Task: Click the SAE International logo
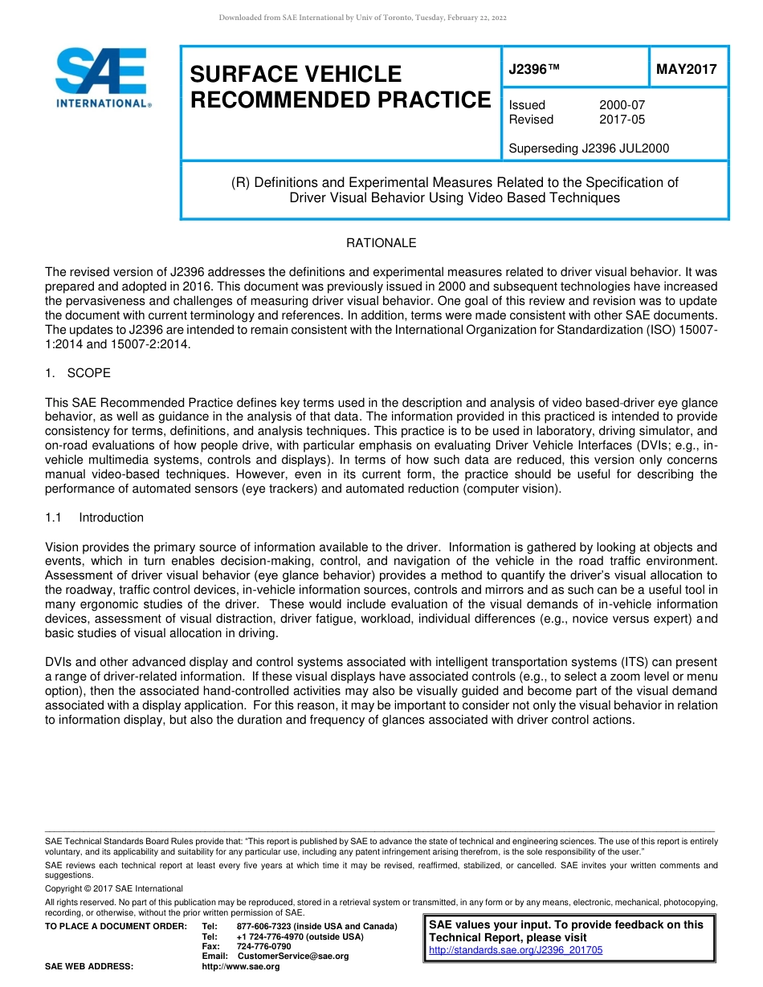click(103, 78)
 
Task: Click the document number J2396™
click(533, 70)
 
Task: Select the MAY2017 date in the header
click(686, 70)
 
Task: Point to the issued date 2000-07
click(622, 105)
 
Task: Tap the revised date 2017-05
click(622, 120)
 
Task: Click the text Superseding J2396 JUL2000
click(589, 148)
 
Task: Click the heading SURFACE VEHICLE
click(295, 75)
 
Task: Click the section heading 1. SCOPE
click(78, 373)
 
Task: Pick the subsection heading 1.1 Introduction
click(95, 518)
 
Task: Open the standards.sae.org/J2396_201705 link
click(516, 950)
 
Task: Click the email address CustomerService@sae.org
click(293, 956)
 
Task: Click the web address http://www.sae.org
click(241, 966)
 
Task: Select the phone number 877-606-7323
click(265, 927)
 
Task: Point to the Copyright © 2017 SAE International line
click(114, 888)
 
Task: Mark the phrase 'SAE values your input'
click(482, 925)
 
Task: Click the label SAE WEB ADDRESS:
click(89, 966)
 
